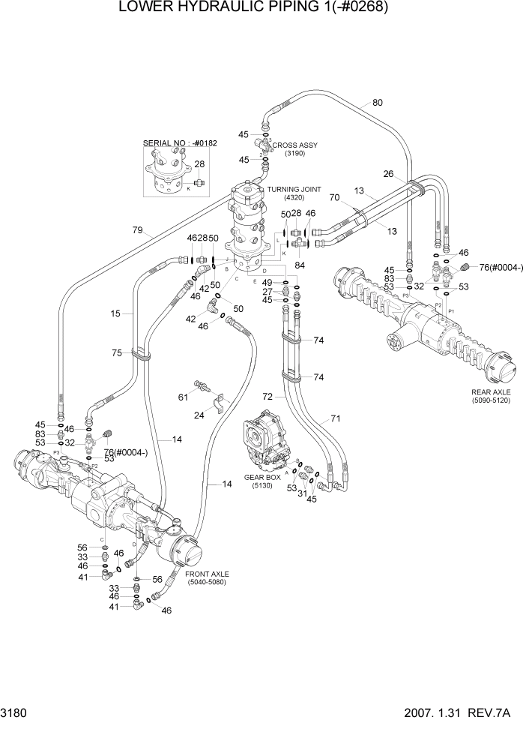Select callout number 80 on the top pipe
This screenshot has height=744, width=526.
click(x=377, y=103)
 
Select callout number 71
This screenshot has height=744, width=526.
click(x=335, y=418)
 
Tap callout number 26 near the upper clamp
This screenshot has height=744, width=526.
click(x=387, y=174)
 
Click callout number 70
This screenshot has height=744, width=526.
click(x=335, y=198)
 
